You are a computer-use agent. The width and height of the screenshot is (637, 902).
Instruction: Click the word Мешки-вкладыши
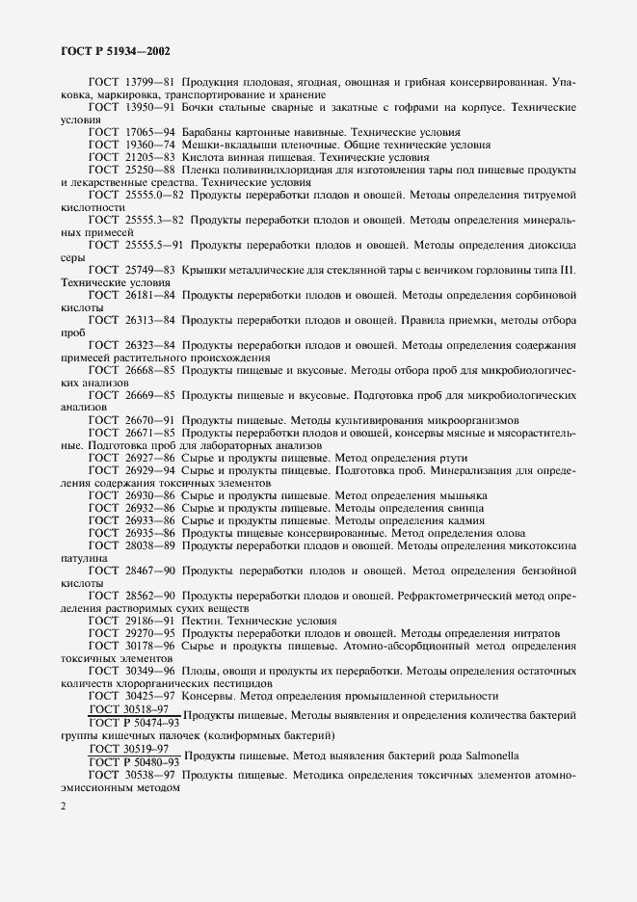point(225,144)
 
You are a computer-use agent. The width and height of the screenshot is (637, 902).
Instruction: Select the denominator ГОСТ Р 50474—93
point(134,722)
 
